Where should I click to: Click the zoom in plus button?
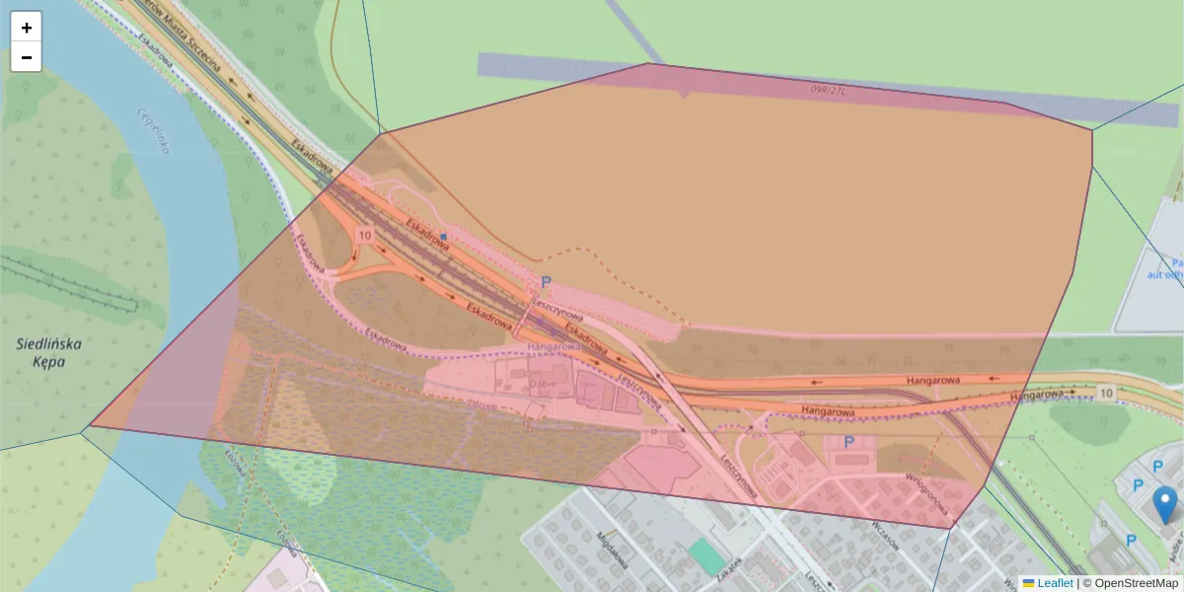pos(27,28)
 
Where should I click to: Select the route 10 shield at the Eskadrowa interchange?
pos(365,236)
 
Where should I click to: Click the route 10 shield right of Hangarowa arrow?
pos(1106,394)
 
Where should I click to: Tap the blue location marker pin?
pos(1166,504)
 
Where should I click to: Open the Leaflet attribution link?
pos(1055,583)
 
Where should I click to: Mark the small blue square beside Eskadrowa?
pos(444,237)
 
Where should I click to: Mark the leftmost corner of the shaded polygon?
pos(90,426)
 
